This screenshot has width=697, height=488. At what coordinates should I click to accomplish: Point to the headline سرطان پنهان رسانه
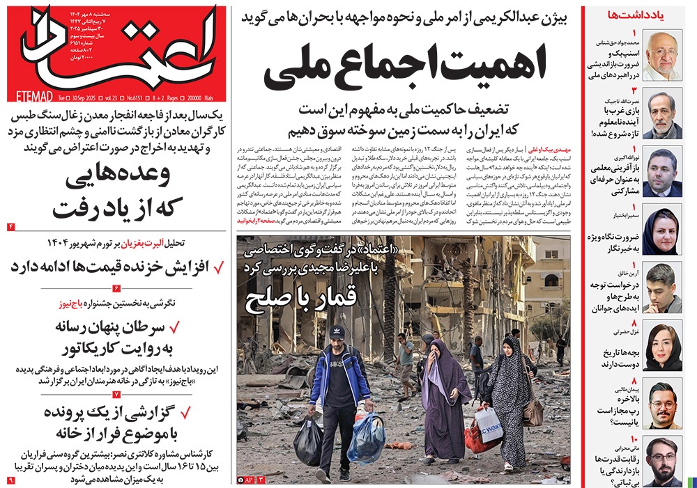(123, 326)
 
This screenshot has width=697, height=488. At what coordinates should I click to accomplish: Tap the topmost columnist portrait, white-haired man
(662, 55)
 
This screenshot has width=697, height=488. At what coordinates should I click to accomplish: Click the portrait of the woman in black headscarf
(661, 232)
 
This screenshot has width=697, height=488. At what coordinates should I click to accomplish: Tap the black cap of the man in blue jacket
(337, 332)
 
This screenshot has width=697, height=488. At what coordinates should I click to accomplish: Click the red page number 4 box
(11, 227)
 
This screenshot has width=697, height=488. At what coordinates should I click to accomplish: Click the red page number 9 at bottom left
(11, 480)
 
